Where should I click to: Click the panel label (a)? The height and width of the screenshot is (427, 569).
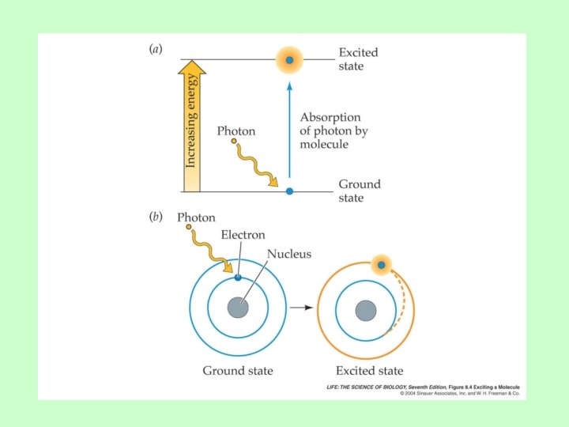click(156, 49)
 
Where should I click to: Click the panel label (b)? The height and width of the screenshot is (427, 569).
click(156, 217)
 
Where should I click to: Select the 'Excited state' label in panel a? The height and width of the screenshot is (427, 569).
click(358, 59)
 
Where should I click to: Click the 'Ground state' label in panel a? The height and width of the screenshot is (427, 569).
click(360, 191)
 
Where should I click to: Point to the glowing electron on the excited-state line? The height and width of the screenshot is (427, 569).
click(290, 59)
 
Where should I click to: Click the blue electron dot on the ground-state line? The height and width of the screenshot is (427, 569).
click(289, 191)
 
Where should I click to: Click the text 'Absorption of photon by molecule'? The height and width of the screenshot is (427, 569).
click(333, 130)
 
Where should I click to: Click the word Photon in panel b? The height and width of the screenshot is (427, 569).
click(196, 217)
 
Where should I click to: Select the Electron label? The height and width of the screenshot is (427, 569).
click(243, 235)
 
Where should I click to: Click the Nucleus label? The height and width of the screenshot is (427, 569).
click(289, 254)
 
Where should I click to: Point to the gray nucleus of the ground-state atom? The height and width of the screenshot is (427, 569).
click(238, 308)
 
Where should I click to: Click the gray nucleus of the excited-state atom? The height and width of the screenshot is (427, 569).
click(365, 309)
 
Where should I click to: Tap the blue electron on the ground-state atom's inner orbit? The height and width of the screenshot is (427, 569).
click(238, 277)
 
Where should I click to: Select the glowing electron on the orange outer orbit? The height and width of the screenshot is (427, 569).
click(381, 265)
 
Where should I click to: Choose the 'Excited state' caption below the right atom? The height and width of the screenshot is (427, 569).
click(369, 370)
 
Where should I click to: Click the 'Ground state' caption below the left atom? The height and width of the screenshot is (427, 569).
click(237, 370)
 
